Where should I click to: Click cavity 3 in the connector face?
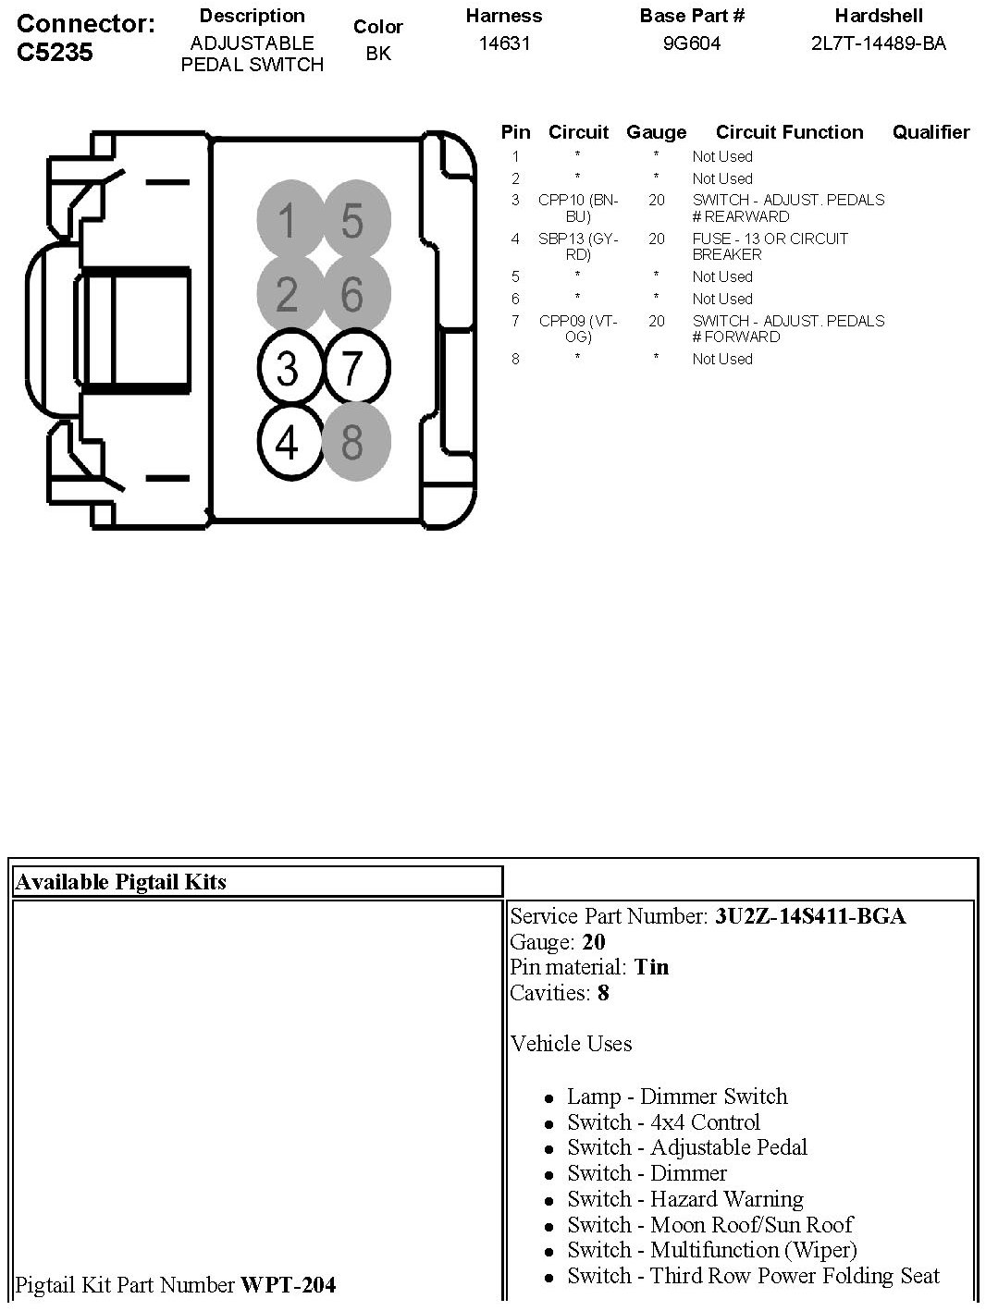click(x=287, y=369)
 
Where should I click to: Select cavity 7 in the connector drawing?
click(x=352, y=369)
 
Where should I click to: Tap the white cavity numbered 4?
click(x=287, y=442)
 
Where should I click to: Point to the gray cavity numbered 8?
click(x=352, y=442)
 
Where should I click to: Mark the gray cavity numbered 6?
click(x=352, y=295)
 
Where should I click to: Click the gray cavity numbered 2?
click(x=287, y=295)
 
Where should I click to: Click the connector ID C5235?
click(x=55, y=52)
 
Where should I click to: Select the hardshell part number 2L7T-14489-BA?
click(x=878, y=43)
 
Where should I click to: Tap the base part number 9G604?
click(x=691, y=43)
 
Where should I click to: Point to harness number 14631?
click(x=504, y=43)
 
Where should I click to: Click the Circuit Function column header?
click(x=789, y=132)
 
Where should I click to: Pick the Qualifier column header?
click(x=931, y=132)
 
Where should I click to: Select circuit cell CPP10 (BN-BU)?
click(x=578, y=208)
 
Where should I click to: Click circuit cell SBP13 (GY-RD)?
click(x=578, y=246)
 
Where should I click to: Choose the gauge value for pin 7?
click(x=656, y=321)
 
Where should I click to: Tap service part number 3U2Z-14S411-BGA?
click(x=810, y=916)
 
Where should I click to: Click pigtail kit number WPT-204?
click(x=288, y=1284)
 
